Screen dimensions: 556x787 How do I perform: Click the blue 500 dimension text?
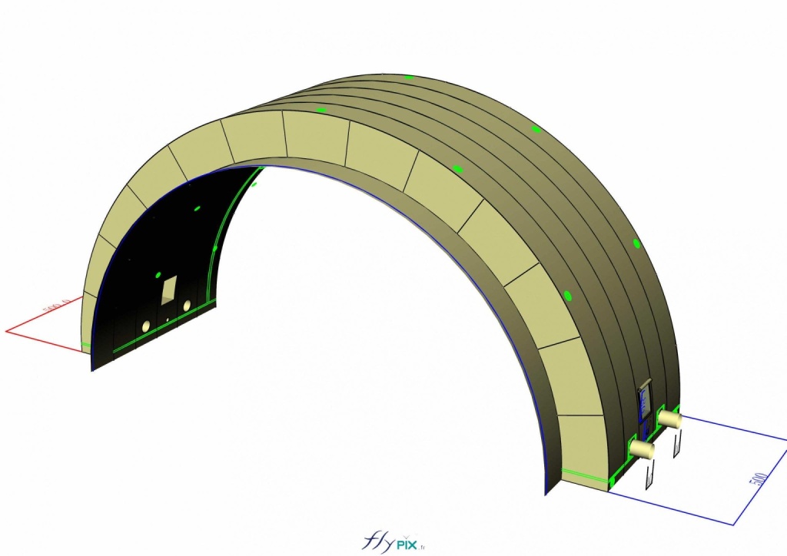pyautogui.click(x=759, y=479)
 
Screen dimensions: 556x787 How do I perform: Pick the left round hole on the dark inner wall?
pyautogui.click(x=145, y=327)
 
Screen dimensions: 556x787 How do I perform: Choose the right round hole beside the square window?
pyautogui.click(x=187, y=306)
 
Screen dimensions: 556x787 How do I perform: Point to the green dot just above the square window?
pyautogui.click(x=159, y=273)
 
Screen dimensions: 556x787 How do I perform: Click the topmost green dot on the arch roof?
pyautogui.click(x=409, y=77)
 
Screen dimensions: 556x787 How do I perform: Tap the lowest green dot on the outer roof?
pyautogui.click(x=568, y=296)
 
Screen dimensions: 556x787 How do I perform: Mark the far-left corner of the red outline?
pyautogui.click(x=6, y=332)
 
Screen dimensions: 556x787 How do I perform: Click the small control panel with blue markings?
pyautogui.click(x=644, y=402)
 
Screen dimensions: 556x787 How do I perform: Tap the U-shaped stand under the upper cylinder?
pyautogui.click(x=677, y=443)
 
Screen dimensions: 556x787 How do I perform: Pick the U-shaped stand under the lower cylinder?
pyautogui.click(x=649, y=473)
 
